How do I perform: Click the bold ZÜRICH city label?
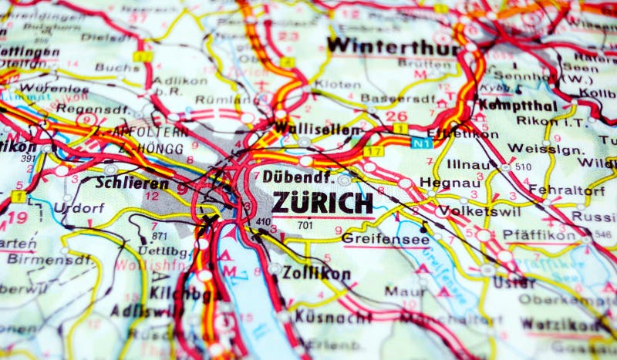pos(322,204)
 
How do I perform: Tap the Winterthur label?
pos(393,45)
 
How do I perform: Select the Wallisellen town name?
pos(317,129)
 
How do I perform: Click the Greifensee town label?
pos(374,238)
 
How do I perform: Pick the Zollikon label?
pos(316,273)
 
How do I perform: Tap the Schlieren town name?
pos(132,183)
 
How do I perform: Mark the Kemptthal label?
pos(517,104)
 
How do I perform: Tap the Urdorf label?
pos(78,208)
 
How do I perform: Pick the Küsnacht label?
pos(322,316)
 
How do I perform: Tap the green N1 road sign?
pos(420,143)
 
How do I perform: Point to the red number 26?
pos(396,116)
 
